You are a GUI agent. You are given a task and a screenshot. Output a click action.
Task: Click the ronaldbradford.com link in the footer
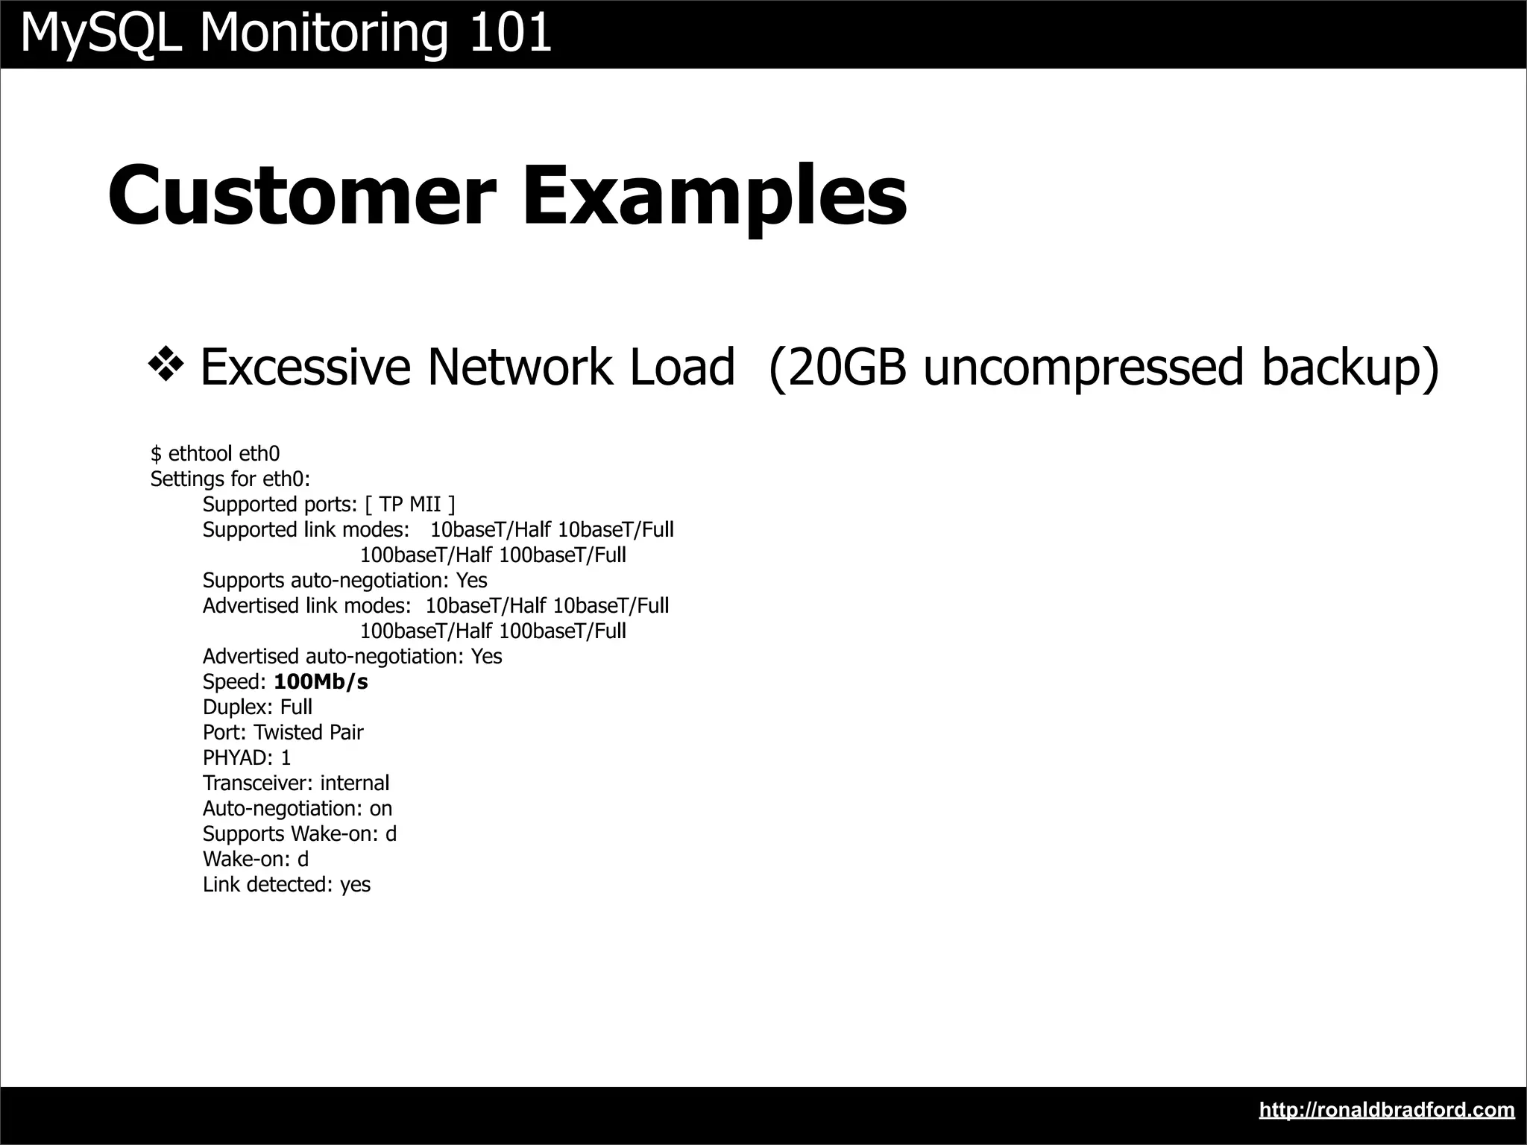[1386, 1110]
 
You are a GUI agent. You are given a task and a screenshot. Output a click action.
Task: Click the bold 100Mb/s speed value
[321, 682]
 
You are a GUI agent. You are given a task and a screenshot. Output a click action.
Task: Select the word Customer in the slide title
[302, 195]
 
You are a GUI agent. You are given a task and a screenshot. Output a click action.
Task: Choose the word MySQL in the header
[101, 34]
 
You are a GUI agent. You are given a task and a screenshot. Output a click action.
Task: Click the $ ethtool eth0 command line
[215, 453]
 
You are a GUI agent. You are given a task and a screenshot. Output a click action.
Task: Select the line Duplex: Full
[257, 707]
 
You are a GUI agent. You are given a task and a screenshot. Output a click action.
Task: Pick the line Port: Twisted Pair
[283, 733]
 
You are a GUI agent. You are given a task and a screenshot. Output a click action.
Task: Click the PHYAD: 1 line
[247, 758]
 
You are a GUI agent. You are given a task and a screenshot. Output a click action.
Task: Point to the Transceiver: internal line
[295, 783]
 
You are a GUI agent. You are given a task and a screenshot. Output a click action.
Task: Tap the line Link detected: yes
[286, 885]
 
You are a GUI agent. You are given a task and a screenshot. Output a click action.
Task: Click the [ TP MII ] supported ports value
[410, 505]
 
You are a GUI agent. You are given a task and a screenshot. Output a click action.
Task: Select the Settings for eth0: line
[230, 479]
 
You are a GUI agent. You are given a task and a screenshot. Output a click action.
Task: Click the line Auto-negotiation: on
[297, 809]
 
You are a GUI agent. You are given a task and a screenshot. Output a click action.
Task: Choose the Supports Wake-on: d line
[299, 834]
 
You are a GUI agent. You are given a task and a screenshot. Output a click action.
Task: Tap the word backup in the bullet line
[1350, 368]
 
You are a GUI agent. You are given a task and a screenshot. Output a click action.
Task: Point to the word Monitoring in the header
[324, 34]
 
